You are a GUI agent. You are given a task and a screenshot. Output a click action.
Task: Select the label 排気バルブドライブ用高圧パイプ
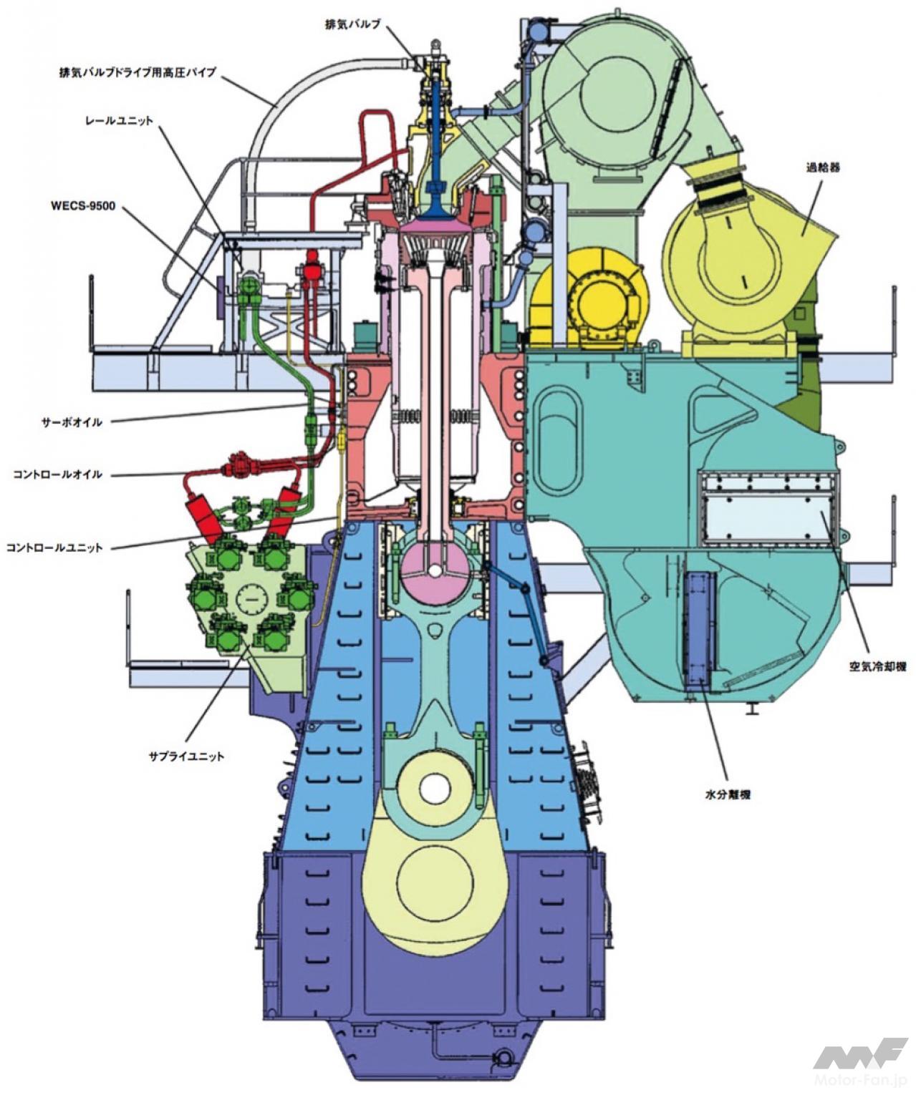click(138, 72)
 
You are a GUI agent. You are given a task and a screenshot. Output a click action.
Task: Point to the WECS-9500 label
click(82, 206)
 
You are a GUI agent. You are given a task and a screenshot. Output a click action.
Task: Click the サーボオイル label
click(71, 422)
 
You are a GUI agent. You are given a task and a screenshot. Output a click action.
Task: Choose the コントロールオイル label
click(57, 474)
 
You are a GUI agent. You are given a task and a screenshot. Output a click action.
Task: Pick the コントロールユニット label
click(54, 547)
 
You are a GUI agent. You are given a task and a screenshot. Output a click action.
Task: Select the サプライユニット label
click(186, 756)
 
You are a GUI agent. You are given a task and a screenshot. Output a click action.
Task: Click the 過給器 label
click(822, 167)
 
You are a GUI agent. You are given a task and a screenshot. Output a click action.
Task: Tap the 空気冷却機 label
click(877, 666)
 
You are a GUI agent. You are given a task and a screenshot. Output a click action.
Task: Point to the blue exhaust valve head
click(435, 209)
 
